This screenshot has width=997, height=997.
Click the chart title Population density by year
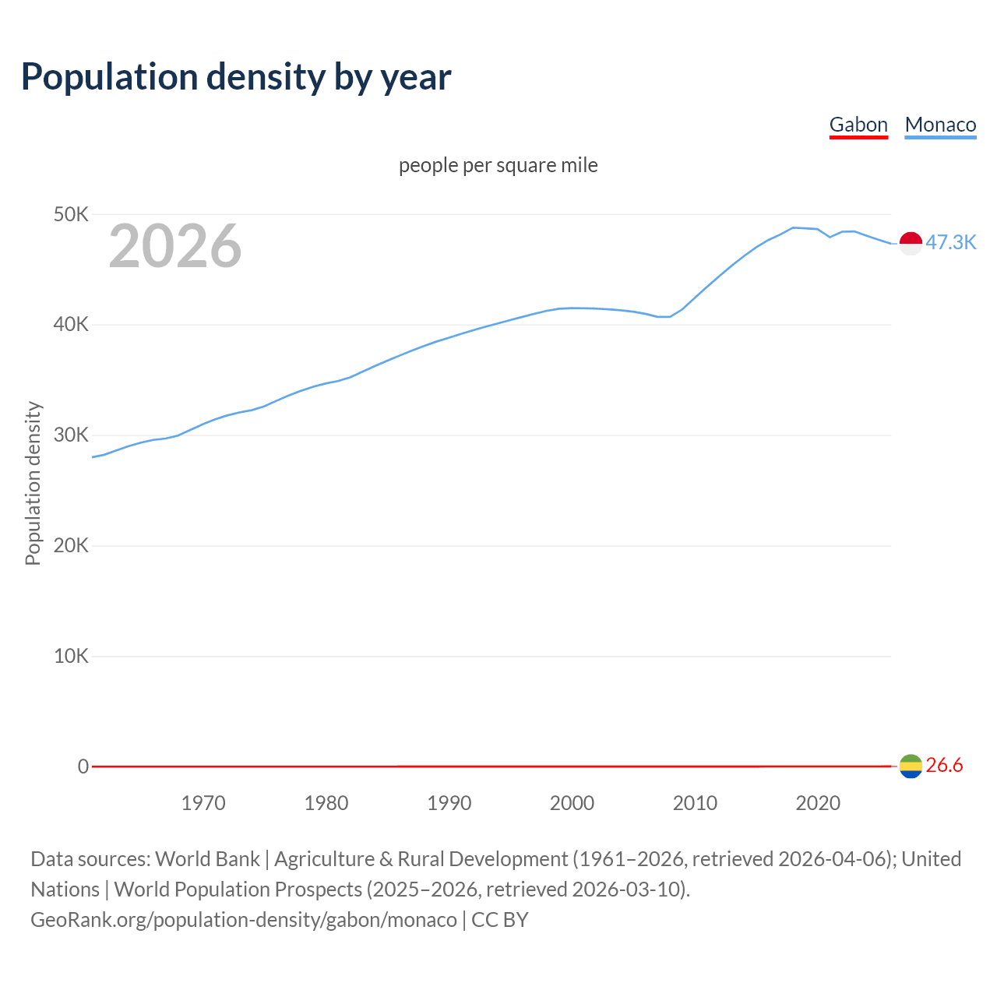pos(236,77)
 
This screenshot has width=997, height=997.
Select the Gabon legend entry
pos(858,125)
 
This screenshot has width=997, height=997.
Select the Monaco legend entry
pos(940,125)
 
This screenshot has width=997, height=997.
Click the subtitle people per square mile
pos(498,165)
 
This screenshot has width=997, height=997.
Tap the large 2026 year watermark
pos(175,246)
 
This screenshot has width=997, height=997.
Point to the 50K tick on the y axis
pos(71,214)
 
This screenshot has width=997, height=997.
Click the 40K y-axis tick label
pos(71,325)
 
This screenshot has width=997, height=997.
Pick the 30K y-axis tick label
pos(71,435)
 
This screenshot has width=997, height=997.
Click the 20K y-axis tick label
pos(71,545)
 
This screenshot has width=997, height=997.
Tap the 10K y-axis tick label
pos(71,656)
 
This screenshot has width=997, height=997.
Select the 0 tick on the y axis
pos(83,766)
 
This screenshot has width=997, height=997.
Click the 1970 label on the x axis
pos(203,803)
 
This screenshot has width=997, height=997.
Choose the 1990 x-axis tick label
pos(449,803)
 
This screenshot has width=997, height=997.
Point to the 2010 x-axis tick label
pos(695,803)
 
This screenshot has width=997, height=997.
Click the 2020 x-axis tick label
pos(818,803)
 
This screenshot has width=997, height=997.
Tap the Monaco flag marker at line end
pos(911,243)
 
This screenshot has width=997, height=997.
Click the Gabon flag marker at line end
pos(911,766)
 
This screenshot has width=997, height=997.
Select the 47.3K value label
pos(950,242)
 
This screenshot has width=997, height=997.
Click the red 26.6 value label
pos(944,766)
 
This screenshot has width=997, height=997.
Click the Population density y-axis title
pos(33,483)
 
